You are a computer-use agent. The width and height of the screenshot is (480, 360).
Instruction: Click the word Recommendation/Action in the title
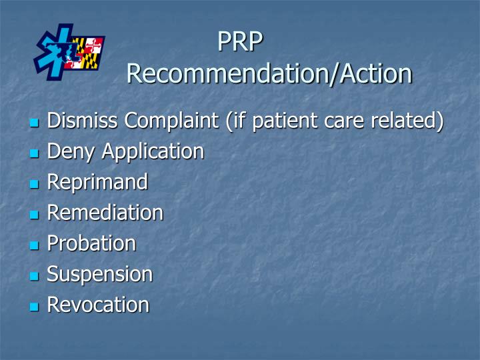tap(269, 73)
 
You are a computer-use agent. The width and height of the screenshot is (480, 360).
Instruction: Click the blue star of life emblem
tap(55, 52)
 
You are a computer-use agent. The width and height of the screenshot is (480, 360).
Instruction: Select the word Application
tap(153, 152)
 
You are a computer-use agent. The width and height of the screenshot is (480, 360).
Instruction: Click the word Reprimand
tap(97, 182)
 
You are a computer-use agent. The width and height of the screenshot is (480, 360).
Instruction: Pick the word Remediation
tap(105, 213)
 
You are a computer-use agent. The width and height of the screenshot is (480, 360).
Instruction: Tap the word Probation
tap(91, 243)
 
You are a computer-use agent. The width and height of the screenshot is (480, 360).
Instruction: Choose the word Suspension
tap(100, 274)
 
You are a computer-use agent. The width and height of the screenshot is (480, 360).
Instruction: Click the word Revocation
tap(98, 305)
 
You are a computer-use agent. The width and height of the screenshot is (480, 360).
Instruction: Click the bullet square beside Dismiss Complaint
tap(35, 123)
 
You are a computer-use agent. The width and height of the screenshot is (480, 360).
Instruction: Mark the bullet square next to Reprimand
tap(35, 184)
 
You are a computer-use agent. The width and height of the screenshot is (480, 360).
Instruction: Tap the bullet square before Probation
tap(35, 245)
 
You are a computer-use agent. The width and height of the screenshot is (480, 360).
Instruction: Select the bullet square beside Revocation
tap(35, 307)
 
